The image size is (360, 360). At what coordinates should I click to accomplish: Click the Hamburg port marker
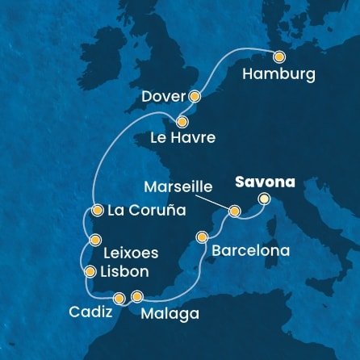click(279, 57)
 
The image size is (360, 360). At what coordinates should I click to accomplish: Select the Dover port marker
click(194, 95)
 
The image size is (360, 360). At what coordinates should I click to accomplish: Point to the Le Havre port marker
click(182, 122)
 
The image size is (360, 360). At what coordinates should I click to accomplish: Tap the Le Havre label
click(182, 139)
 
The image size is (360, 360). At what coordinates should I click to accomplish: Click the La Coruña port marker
click(97, 211)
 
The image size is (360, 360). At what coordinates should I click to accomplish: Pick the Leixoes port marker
click(96, 239)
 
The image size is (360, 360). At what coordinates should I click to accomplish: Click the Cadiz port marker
click(119, 298)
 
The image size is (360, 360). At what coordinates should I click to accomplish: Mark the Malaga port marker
click(136, 295)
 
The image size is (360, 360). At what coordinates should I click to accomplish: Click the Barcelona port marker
click(202, 237)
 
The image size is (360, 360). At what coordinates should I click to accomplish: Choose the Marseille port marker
click(234, 211)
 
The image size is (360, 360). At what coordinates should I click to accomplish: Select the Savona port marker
click(264, 199)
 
